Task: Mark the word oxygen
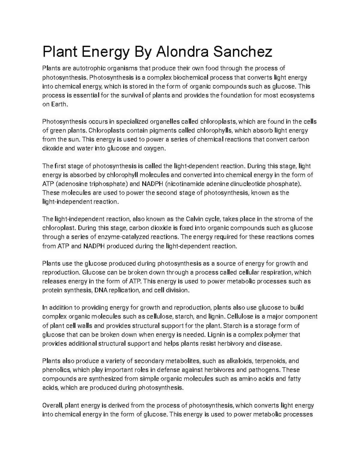click(x=155, y=148)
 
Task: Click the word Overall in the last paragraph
click(x=52, y=405)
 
